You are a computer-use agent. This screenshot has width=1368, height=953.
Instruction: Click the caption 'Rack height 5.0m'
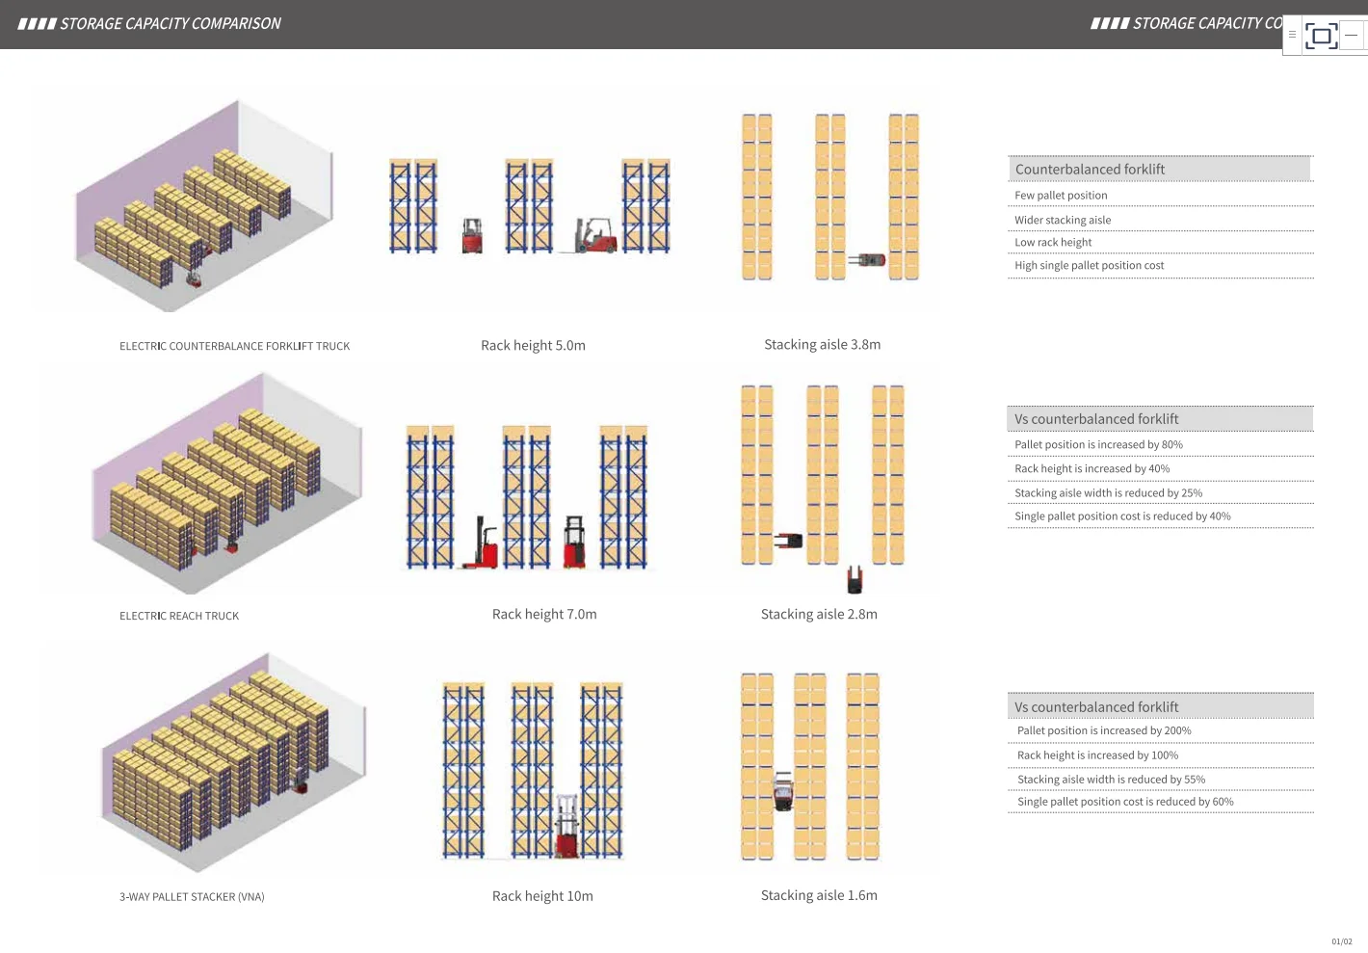point(533,345)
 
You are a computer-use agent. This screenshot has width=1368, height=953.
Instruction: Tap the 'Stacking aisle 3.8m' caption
point(822,344)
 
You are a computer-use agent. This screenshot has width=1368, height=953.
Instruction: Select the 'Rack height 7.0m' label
point(544,614)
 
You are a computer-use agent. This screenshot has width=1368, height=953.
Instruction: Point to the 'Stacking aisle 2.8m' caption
point(819,614)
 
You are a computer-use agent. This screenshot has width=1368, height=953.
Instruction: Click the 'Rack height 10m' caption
point(542,896)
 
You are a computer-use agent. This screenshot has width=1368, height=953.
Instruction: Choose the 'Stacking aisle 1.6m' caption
point(819,895)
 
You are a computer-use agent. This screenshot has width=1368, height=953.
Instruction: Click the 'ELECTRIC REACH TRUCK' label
point(179,616)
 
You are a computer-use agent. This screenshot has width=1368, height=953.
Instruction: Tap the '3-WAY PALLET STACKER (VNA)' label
point(192,897)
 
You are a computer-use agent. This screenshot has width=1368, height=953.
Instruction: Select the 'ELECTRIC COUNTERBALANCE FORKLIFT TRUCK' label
point(234,346)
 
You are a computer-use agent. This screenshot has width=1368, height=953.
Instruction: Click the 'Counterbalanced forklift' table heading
point(1090,170)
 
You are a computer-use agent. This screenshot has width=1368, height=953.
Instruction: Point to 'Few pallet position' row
point(1061,196)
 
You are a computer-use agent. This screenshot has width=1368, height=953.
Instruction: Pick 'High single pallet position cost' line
point(1089,266)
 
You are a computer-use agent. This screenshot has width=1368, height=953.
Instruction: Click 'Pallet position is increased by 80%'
point(1098,445)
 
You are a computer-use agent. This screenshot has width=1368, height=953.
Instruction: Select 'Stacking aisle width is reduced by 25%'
point(1108,493)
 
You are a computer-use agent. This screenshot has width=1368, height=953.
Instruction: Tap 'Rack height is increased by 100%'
point(1097,755)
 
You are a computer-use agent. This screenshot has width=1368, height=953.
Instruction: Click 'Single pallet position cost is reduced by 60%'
point(1125,802)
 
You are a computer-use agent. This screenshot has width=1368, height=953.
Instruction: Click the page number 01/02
point(1341,941)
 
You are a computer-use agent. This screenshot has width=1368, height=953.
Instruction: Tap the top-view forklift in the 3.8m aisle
point(867,260)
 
